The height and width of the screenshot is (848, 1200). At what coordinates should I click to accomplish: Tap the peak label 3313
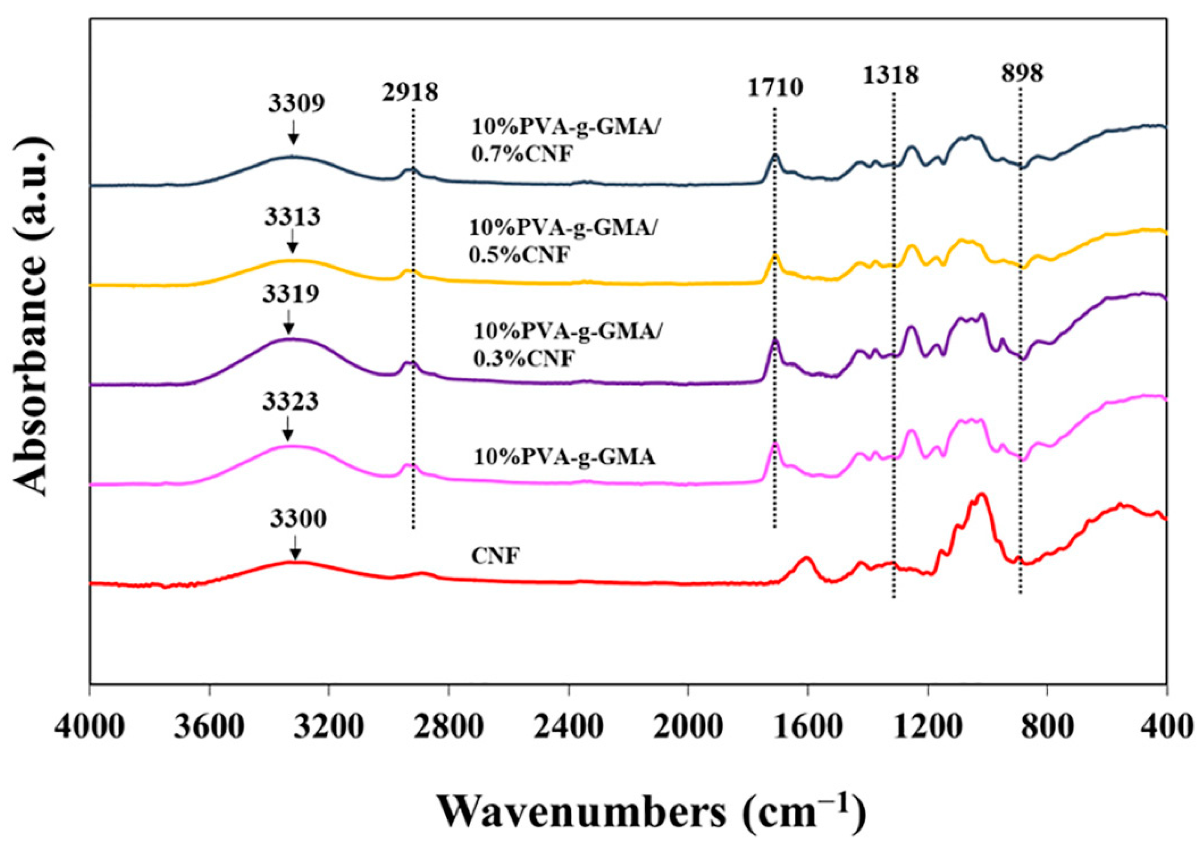click(x=292, y=217)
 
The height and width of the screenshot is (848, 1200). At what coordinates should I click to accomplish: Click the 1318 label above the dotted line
click(x=890, y=75)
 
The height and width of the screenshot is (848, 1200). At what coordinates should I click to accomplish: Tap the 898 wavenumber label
click(x=1022, y=73)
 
